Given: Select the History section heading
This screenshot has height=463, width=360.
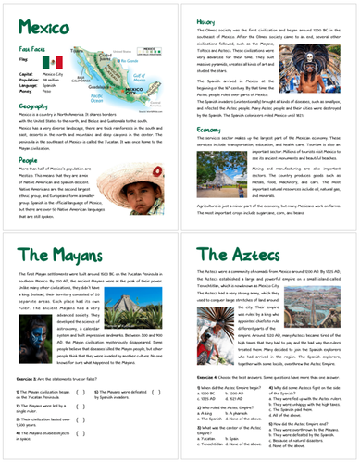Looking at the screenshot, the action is tap(206, 20).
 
